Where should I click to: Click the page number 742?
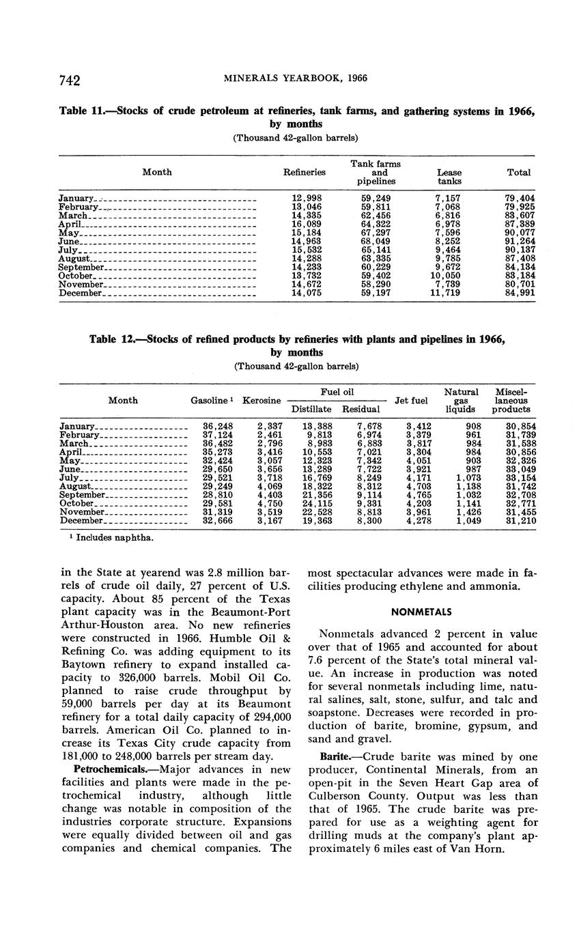pyautogui.click(x=70, y=80)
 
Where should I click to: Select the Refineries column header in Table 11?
pyautogui.click(x=304, y=173)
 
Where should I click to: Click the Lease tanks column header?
pyautogui.click(x=449, y=177)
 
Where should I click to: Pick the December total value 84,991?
pyautogui.click(x=520, y=294)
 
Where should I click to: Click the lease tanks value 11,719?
pyautogui.click(x=449, y=294)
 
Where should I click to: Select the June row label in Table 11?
pyautogui.click(x=70, y=241)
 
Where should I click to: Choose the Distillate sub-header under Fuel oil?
pyautogui.click(x=311, y=410)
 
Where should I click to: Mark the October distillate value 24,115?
pyautogui.click(x=317, y=504)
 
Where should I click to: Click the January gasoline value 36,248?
pyautogui.click(x=218, y=426)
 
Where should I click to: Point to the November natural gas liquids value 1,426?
pyautogui.click(x=468, y=512)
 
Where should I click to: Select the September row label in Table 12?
pyautogui.click(x=83, y=495)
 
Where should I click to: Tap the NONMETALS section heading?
pyautogui.click(x=423, y=612)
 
